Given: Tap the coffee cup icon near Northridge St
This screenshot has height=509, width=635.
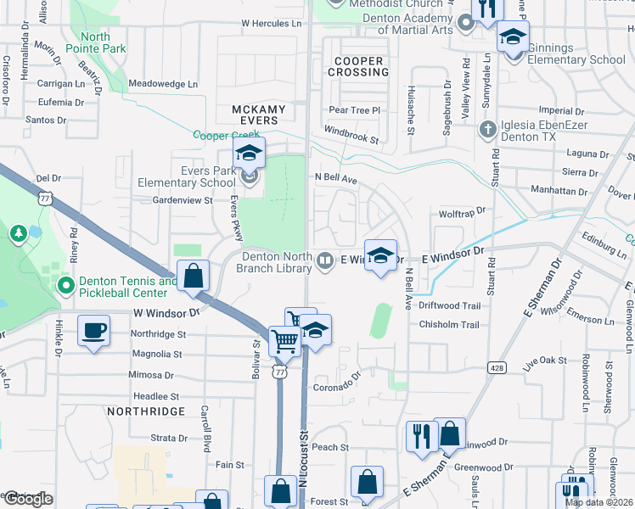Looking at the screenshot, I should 93,330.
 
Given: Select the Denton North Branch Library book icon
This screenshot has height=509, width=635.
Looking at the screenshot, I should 324,262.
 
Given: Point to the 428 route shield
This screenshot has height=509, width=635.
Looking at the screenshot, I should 497,367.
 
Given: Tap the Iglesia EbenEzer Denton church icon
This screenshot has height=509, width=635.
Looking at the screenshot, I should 487,129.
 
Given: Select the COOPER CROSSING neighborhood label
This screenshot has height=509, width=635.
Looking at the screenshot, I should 362,66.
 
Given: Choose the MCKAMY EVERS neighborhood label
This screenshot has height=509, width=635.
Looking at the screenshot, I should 267,115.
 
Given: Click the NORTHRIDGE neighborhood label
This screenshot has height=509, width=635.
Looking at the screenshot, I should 147,411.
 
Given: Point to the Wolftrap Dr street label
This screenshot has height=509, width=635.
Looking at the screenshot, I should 461,211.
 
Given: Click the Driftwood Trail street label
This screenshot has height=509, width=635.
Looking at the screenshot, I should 449,305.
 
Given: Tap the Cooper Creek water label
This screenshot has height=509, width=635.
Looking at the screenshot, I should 225,135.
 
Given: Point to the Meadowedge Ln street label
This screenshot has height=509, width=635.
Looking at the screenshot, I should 163,84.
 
